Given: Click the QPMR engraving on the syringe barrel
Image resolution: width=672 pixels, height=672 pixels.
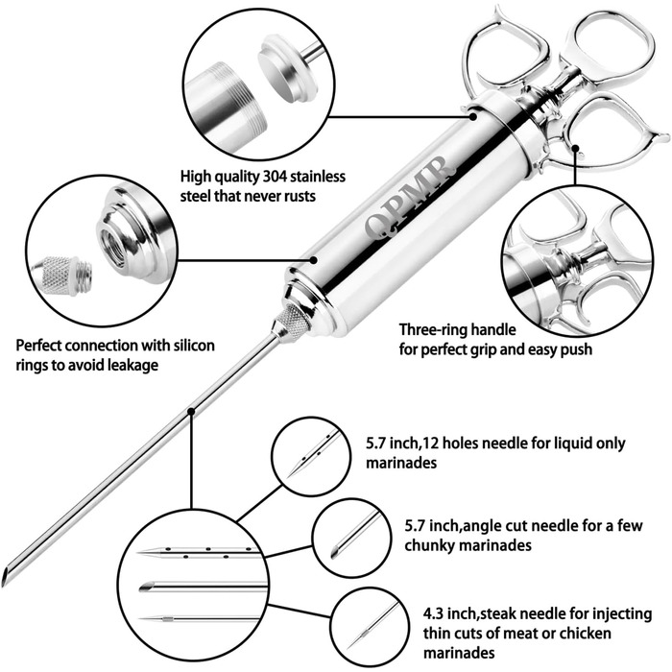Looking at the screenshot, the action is pos(409,199).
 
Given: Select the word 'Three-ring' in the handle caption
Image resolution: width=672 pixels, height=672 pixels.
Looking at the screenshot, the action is pos(432,330).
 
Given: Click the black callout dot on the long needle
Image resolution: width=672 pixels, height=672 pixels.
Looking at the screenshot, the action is pos(191,412).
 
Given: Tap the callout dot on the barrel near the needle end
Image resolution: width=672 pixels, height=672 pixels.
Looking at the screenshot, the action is pos(314,260).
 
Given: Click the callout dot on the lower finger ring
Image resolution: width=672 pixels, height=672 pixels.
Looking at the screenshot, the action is pos(576,148).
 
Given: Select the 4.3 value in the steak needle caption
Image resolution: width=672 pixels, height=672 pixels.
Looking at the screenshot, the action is pos(433,613).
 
